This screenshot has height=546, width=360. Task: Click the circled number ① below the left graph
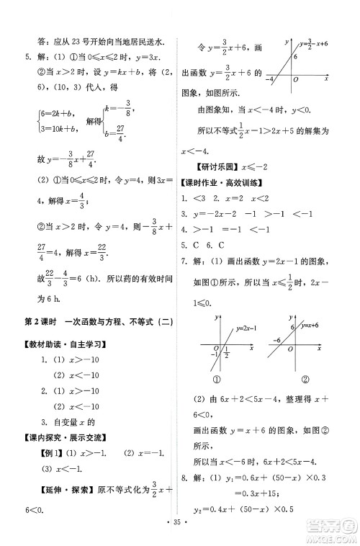[215, 380]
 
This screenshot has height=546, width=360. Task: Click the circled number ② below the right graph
[305, 380]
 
